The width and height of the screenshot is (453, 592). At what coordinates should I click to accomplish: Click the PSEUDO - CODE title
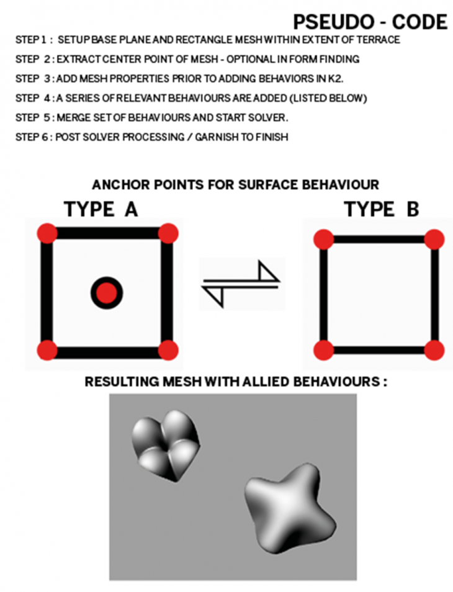coord(370,22)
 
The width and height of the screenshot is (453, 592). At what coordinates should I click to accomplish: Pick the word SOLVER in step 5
coord(272,118)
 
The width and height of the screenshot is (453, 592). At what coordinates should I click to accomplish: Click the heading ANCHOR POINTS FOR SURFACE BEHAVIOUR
coord(235,184)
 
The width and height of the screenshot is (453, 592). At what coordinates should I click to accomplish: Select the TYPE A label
coord(101,210)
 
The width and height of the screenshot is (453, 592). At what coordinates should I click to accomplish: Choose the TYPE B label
coord(381,210)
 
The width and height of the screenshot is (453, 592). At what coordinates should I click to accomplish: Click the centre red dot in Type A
coord(107,292)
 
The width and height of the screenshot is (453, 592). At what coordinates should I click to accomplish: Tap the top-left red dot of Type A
coord(47,233)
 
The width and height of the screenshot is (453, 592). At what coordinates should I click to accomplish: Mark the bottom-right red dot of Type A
coord(168,350)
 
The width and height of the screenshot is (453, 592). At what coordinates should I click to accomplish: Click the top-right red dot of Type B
coord(434,239)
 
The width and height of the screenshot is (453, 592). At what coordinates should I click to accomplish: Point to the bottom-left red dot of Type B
coord(323,349)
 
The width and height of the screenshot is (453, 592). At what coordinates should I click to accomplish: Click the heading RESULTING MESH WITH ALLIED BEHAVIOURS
coord(236,381)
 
